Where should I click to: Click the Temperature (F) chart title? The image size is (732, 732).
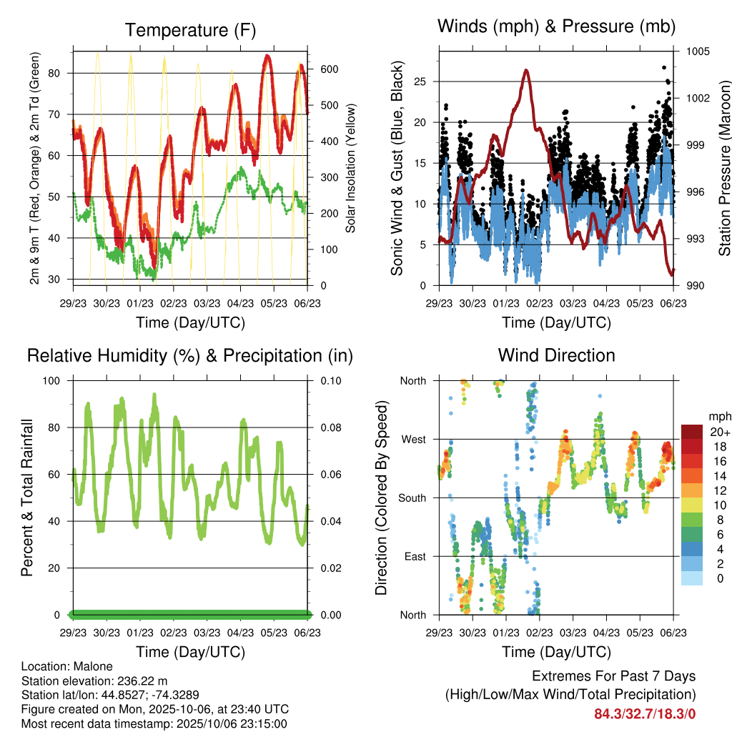(x=190, y=30)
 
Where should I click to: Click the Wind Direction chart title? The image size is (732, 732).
(x=556, y=355)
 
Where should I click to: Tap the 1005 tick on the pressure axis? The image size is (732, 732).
(x=698, y=51)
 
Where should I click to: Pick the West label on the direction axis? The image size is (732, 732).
(x=412, y=439)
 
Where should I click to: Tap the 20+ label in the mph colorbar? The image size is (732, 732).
(x=719, y=432)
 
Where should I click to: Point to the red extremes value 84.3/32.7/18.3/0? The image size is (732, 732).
(x=645, y=713)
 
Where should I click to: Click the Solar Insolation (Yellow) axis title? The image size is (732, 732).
(x=350, y=169)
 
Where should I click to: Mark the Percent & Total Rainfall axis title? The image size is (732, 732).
(x=26, y=498)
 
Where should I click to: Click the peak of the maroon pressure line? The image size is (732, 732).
(x=526, y=70)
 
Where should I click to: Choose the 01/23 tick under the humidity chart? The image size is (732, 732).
(x=140, y=633)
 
